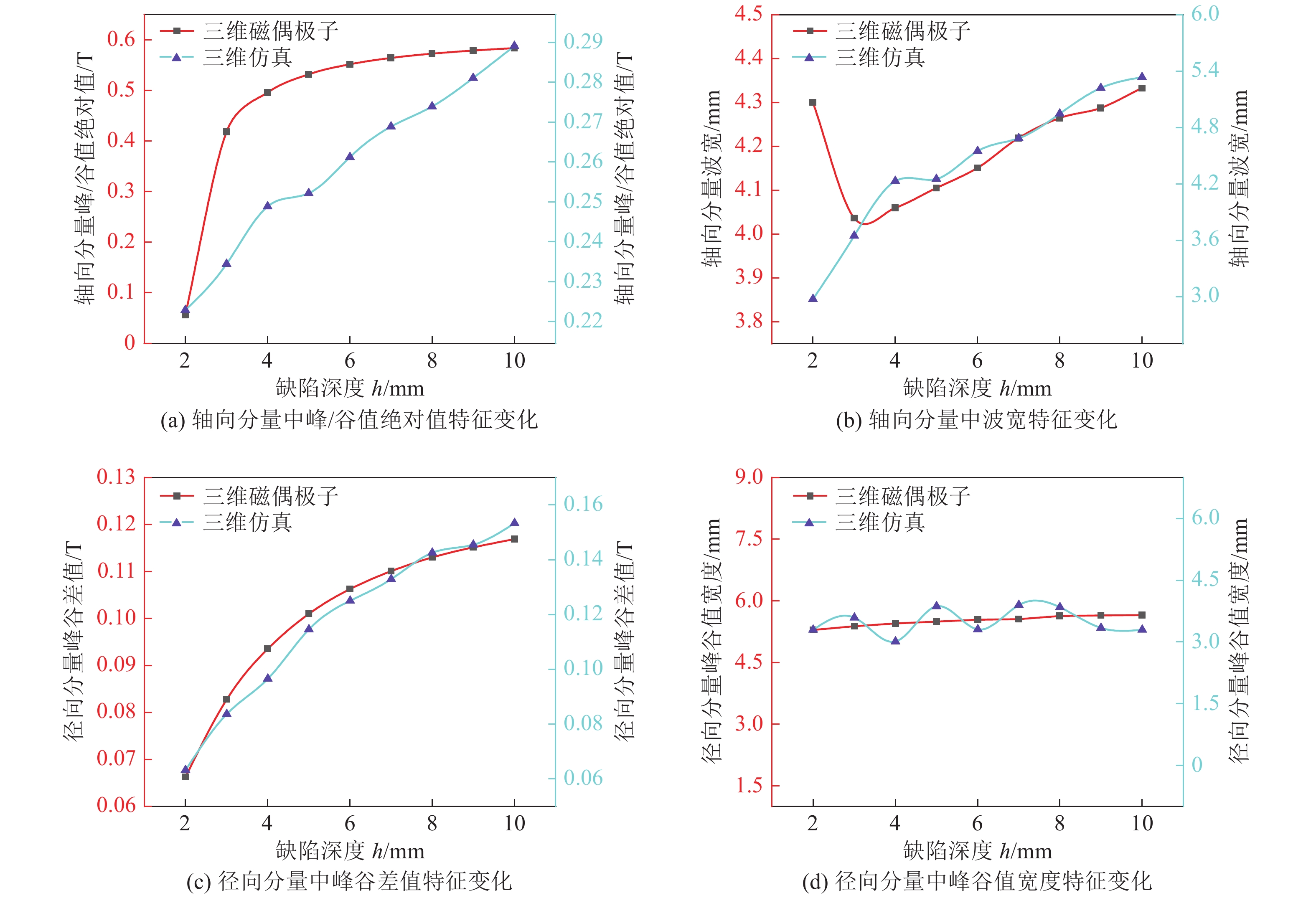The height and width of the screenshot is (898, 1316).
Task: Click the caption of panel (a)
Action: click(349, 420)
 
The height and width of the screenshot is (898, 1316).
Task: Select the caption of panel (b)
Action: click(976, 420)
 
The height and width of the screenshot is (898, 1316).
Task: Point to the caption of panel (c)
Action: click(349, 881)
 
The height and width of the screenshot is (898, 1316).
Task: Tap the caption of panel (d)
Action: click(976, 881)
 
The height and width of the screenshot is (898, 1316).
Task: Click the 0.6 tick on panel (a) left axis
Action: click(121, 40)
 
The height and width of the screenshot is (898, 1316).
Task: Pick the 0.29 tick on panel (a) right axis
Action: click(583, 41)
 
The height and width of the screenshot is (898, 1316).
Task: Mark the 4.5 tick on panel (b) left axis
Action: click(748, 14)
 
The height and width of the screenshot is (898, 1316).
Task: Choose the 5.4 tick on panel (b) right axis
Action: click(1204, 70)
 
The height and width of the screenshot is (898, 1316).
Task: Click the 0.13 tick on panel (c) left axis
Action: click(116, 477)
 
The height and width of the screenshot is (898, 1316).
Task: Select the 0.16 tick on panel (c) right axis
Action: click(583, 504)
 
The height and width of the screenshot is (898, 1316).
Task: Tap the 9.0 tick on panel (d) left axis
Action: click(748, 477)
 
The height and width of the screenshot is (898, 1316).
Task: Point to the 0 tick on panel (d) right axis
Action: click(1197, 765)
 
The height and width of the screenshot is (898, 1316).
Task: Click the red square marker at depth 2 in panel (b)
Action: click(813, 102)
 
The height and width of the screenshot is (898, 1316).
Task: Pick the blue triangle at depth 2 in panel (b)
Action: click(813, 298)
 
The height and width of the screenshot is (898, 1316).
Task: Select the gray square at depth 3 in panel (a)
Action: click(226, 132)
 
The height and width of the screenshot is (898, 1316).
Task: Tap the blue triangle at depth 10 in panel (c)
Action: click(514, 523)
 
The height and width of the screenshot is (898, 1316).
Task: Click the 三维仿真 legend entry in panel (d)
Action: click(879, 522)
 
